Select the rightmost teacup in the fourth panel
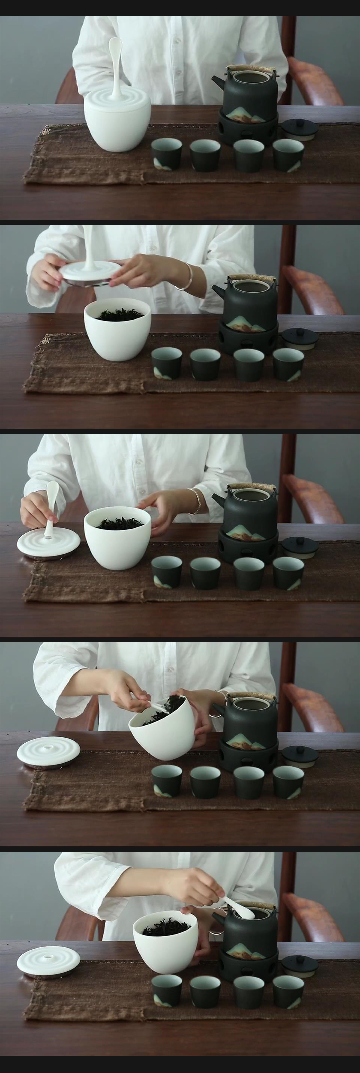(288, 782)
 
